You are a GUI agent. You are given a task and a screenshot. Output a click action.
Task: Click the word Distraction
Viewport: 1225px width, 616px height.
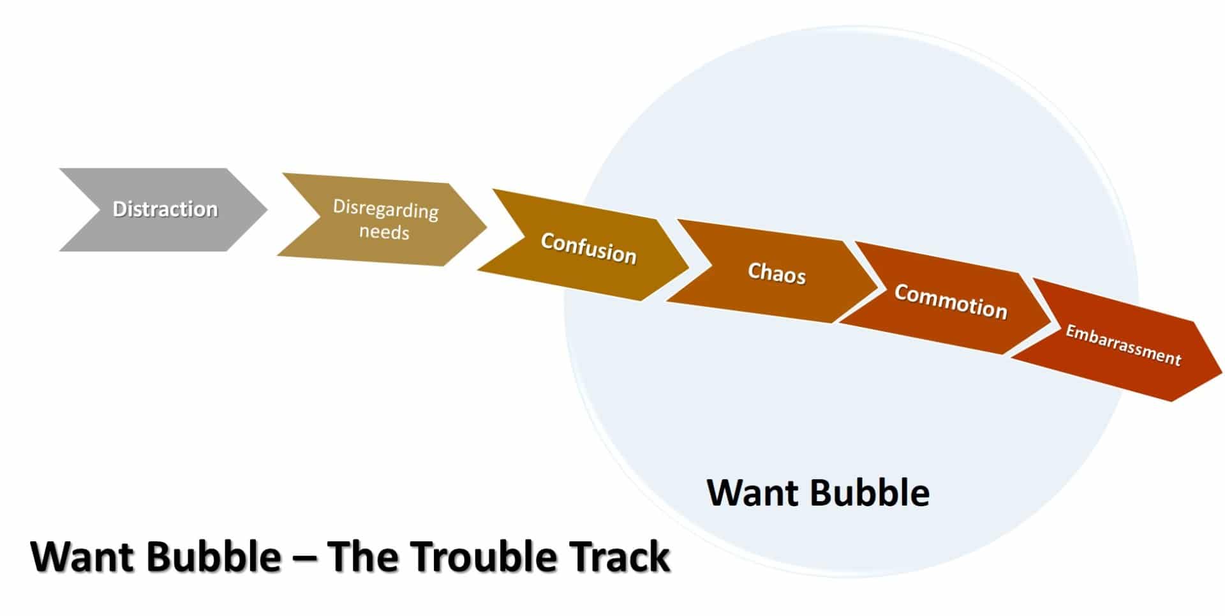pos(165,209)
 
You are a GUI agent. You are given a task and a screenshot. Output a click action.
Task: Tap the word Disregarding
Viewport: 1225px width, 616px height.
pos(386,209)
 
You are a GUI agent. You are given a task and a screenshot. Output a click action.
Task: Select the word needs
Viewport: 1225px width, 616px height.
pos(384,231)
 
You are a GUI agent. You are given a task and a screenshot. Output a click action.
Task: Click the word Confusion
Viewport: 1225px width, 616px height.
pos(589,248)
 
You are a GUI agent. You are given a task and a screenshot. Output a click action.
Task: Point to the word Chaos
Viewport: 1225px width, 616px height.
pos(777,273)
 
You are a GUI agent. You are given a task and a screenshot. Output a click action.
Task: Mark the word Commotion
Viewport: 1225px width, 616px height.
pos(951,301)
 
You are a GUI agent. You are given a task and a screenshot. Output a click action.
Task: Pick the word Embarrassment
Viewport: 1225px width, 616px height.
pos(1124,345)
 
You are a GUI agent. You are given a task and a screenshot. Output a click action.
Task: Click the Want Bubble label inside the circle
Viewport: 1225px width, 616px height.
pos(818,493)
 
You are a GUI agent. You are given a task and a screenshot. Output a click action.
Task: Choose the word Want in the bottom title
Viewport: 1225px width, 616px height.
pos(82,556)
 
